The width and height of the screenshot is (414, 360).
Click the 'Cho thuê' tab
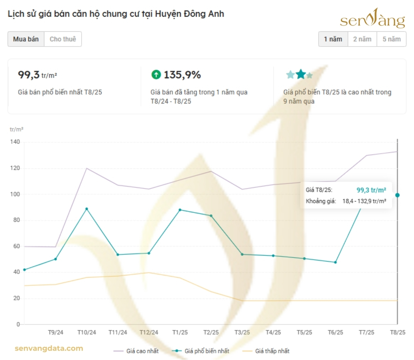coord(62,39)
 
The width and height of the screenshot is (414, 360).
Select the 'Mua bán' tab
coord(26,39)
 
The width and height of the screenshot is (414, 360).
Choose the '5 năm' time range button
coord(391,39)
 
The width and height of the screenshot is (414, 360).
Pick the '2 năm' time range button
coord(362,39)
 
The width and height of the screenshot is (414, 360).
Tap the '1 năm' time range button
coord(333,39)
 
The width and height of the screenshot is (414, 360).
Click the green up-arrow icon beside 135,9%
coord(156,75)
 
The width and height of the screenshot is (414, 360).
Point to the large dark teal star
coord(301,74)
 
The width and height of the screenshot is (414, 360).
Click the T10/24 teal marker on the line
coord(87,209)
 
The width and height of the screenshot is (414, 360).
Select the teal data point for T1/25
coord(180,210)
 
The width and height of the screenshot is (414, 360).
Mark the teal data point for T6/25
coord(335,262)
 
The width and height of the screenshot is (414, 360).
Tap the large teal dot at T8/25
coord(397,195)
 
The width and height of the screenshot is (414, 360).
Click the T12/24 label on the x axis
coord(149,333)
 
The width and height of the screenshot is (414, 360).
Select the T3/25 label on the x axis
coord(242,333)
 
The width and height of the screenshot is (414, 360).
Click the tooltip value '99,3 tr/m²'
coord(371,190)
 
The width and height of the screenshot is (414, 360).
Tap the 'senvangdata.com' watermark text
coord(49,349)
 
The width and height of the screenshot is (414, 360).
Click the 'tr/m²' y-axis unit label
coord(16,129)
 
